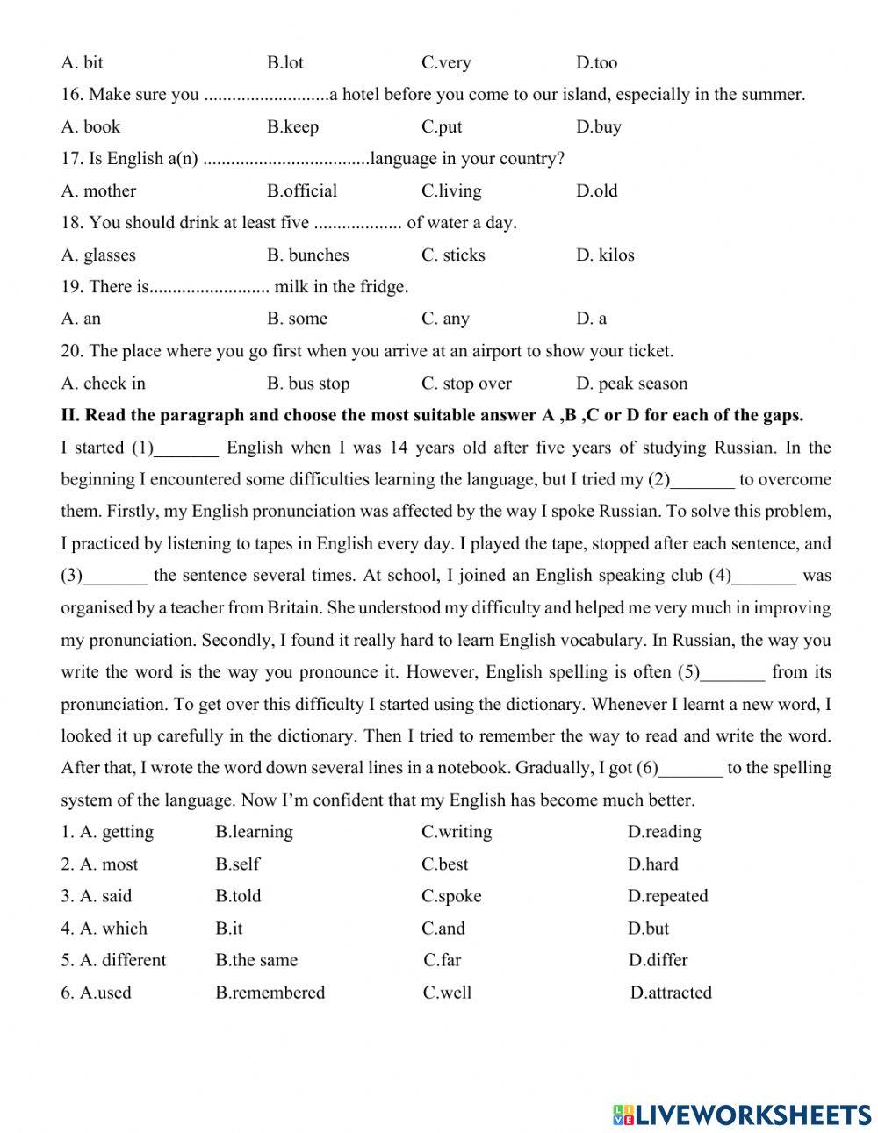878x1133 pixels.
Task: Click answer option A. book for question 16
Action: pyautogui.click(x=90, y=126)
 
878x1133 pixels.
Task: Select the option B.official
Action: pyautogui.click(x=302, y=190)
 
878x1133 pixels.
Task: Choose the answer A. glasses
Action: pyautogui.click(x=98, y=255)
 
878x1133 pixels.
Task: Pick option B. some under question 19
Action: pyautogui.click(x=297, y=319)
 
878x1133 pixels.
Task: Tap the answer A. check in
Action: pyautogui.click(x=104, y=384)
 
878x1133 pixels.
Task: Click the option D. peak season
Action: pyautogui.click(x=632, y=384)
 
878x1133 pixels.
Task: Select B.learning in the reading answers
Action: pyautogui.click(x=255, y=832)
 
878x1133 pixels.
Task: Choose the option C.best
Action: pyautogui.click(x=445, y=864)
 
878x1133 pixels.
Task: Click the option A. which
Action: pyautogui.click(x=113, y=929)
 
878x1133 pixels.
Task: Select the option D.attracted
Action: pyautogui.click(x=672, y=993)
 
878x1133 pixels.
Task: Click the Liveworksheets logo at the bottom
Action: pyautogui.click(x=741, y=1115)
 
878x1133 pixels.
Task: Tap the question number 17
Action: pyautogui.click(x=72, y=159)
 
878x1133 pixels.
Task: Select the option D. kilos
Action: pyautogui.click(x=605, y=255)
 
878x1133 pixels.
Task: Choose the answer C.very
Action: pyautogui.click(x=446, y=62)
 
